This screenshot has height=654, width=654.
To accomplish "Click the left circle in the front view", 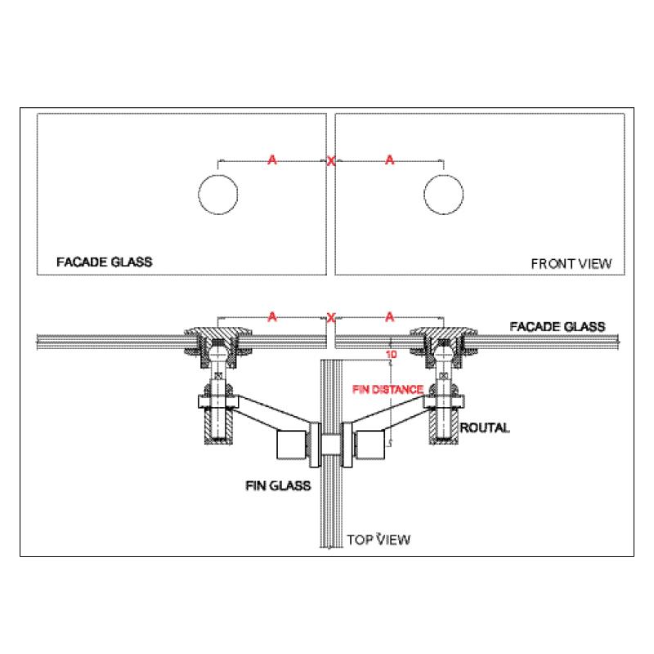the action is coord(218,195).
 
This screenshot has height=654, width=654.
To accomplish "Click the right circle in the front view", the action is coord(444,195).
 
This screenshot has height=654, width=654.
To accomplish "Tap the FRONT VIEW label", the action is coord(571,263).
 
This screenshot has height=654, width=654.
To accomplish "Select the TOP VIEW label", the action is coord(379,540).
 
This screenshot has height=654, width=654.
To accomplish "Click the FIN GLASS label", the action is coord(278,486).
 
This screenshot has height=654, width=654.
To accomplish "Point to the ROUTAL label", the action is coord(485,428).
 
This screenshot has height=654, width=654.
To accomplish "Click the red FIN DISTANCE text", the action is coord(387,390).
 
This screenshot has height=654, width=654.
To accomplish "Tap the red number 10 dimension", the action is coord(392,355).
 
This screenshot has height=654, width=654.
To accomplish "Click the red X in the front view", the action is coord(331,161).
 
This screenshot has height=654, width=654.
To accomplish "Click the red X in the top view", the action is coord(331,318).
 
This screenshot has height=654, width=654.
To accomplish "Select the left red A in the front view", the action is coord(272,159).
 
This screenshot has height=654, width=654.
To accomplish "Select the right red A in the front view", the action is coord(390,159).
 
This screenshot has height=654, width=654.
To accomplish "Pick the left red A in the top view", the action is coord(272,317).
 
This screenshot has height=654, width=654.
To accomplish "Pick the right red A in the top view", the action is coord(390,317).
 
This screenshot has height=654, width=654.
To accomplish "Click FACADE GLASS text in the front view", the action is coord(105,262).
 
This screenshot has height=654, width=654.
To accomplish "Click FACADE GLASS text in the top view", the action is coord(558,326).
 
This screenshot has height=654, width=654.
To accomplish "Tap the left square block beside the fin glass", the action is coord(292,445).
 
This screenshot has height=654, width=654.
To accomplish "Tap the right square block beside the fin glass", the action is coord(370,445).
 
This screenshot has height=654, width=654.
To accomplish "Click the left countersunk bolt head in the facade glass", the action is coord(218,333).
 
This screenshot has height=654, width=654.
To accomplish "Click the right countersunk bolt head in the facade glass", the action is coord(444,333).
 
